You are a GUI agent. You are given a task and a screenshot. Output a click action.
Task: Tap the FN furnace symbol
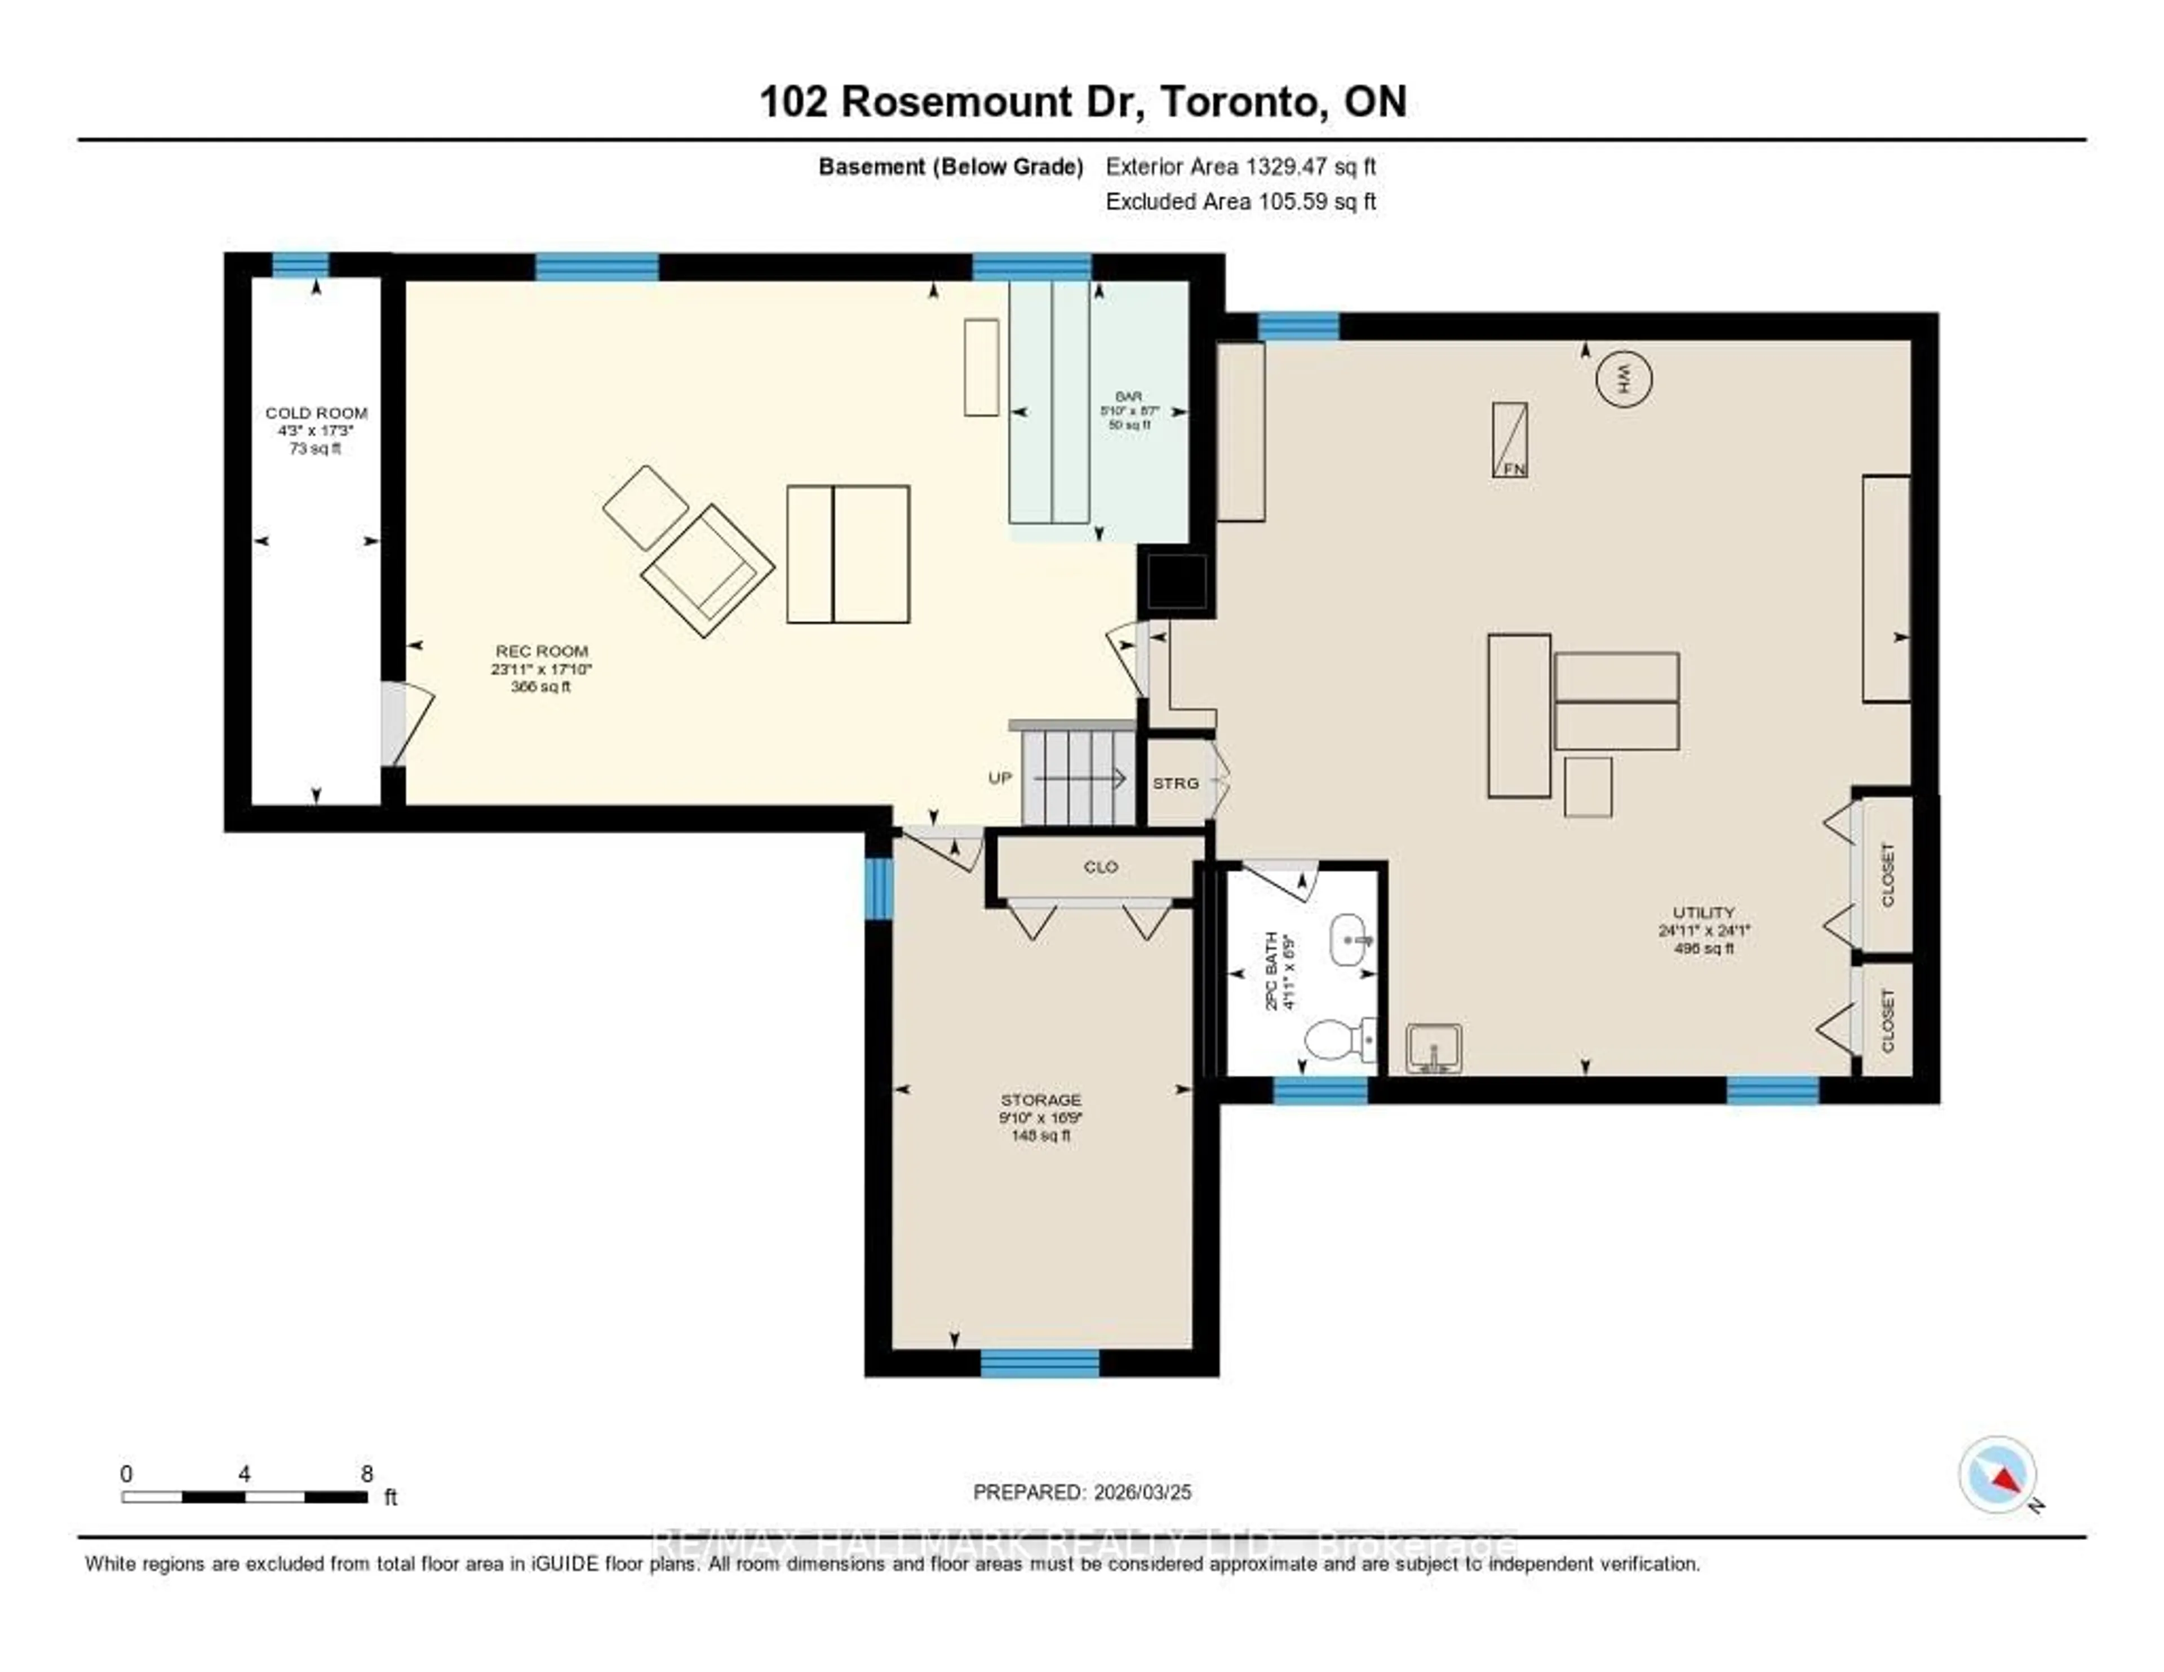[x=1510, y=440]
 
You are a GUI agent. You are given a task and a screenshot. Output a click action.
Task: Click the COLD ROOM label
[x=316, y=412]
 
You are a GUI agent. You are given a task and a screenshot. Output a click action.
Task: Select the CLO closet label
[x=1100, y=867]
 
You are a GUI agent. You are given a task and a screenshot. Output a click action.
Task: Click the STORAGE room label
[x=1040, y=1100]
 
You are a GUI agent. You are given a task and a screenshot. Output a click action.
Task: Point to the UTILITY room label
[x=1703, y=913]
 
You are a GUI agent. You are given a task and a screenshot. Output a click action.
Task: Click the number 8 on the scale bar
[x=367, y=1474]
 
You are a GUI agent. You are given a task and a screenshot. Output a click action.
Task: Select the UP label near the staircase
[x=1000, y=778]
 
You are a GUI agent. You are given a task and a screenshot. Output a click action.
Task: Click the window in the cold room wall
[x=300, y=264]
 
